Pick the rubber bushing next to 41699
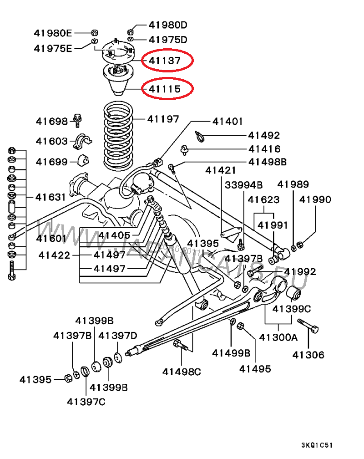[84, 161]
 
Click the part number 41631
[51, 197]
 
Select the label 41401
[228, 122]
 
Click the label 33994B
[244, 185]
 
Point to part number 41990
[315, 199]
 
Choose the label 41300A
[278, 337]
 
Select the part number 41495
[255, 368]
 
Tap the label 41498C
[182, 372]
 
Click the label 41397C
[86, 401]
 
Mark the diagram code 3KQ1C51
[319, 445]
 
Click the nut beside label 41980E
[94, 32]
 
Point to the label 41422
[54, 255]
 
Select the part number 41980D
[168, 25]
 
